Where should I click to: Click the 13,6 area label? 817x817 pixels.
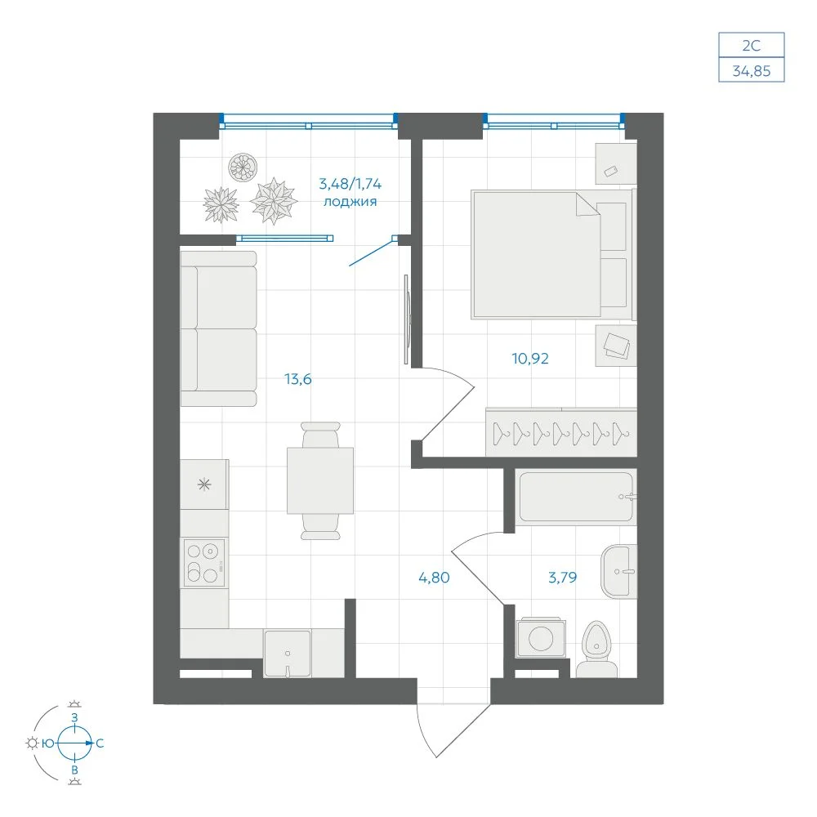pyautogui.click(x=298, y=379)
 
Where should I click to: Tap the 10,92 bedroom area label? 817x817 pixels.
pyautogui.click(x=530, y=359)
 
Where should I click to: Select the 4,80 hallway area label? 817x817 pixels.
pyautogui.click(x=434, y=578)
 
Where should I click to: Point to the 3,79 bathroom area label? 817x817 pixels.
pyautogui.click(x=563, y=578)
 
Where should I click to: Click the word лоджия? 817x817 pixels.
pyautogui.click(x=350, y=202)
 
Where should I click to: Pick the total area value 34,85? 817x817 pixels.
pyautogui.click(x=752, y=71)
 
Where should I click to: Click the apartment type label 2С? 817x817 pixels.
pyautogui.click(x=752, y=46)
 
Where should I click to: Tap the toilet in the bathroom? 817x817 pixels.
pyautogui.click(x=597, y=650)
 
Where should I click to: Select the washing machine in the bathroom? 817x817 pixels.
pyautogui.click(x=541, y=638)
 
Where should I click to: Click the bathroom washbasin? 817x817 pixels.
pyautogui.click(x=618, y=572)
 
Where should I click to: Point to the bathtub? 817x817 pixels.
pyautogui.click(x=576, y=497)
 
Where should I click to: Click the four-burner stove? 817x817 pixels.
pyautogui.click(x=204, y=563)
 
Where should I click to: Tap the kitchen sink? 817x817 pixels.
pyautogui.click(x=287, y=654)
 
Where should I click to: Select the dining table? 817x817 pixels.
pyautogui.click(x=320, y=480)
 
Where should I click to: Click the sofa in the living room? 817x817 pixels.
pyautogui.click(x=219, y=328)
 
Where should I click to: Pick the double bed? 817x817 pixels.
pyautogui.click(x=552, y=254)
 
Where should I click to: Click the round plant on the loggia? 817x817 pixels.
pyautogui.click(x=243, y=167)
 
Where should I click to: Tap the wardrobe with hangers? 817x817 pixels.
pyautogui.click(x=561, y=432)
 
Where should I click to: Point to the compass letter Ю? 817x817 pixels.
pyautogui.click(x=48, y=743)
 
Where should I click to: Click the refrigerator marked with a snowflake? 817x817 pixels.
pyautogui.click(x=204, y=484)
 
